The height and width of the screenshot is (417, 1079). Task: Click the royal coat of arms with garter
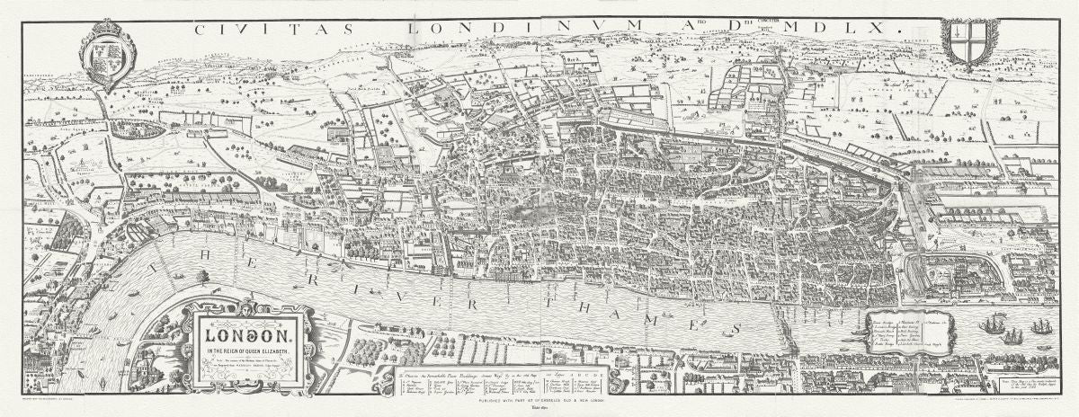(108, 59)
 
